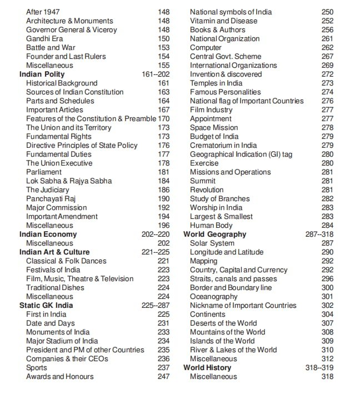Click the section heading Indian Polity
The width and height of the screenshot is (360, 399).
click(42, 74)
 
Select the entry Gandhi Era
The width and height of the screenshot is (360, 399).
click(46, 38)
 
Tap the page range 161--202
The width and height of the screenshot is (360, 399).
click(156, 74)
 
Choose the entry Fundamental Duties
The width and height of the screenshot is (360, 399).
click(59, 154)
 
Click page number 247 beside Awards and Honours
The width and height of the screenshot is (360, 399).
click(163, 376)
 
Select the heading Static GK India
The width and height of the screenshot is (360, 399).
click(46, 305)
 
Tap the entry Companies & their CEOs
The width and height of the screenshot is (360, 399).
click(67, 358)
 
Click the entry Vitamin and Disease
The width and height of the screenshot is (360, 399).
click(224, 21)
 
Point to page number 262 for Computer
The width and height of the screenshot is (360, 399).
click(328, 47)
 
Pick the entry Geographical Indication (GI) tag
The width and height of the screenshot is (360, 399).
click(241, 154)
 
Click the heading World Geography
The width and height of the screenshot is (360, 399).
click(214, 234)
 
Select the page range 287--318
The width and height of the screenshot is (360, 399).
click(320, 234)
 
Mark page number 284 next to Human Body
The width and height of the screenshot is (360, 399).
click(328, 225)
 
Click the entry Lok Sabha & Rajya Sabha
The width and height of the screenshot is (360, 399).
click(69, 181)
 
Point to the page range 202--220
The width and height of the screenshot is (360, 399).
click(156, 234)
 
